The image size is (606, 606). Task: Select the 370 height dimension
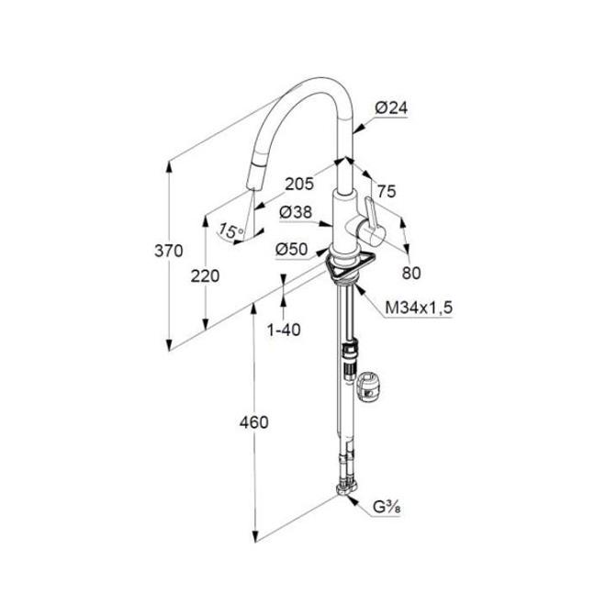[170, 250]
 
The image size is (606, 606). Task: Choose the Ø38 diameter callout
[295, 212]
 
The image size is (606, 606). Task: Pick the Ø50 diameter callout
[291, 248]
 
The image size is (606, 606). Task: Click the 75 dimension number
[387, 192]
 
